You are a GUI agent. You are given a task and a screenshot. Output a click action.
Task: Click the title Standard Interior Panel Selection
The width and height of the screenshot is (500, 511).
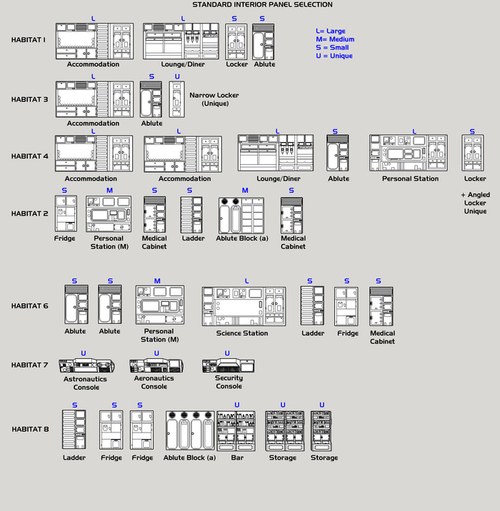262,5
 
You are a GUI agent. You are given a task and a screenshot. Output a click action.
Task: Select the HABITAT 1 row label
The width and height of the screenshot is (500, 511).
29,40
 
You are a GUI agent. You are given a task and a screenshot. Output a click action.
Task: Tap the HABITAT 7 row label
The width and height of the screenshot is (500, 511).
29,365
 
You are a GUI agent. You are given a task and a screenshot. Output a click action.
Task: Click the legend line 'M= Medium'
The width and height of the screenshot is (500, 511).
335,39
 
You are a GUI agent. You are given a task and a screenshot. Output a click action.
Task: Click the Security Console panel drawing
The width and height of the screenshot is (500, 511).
228,366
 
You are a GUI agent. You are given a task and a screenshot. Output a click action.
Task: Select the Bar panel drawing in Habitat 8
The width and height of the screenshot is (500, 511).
236,430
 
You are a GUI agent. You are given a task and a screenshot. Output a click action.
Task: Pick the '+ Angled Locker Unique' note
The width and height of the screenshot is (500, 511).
474,203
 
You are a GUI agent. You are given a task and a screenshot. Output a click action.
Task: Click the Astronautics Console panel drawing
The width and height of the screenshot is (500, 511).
85,366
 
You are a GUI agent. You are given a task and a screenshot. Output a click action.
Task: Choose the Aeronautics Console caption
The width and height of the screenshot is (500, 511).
154,383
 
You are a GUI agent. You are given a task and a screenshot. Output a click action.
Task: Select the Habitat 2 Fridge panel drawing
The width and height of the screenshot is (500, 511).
65,214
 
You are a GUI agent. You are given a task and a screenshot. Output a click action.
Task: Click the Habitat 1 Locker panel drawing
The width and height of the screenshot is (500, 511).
236,41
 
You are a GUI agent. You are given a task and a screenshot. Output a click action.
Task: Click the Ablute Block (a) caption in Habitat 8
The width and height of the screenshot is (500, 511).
189,457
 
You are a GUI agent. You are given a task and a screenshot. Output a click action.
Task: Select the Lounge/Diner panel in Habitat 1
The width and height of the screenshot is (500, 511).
181,41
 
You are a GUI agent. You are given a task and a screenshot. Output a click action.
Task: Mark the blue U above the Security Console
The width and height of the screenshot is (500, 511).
227,353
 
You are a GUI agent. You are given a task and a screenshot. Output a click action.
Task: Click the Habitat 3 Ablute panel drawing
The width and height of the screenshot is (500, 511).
151,99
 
